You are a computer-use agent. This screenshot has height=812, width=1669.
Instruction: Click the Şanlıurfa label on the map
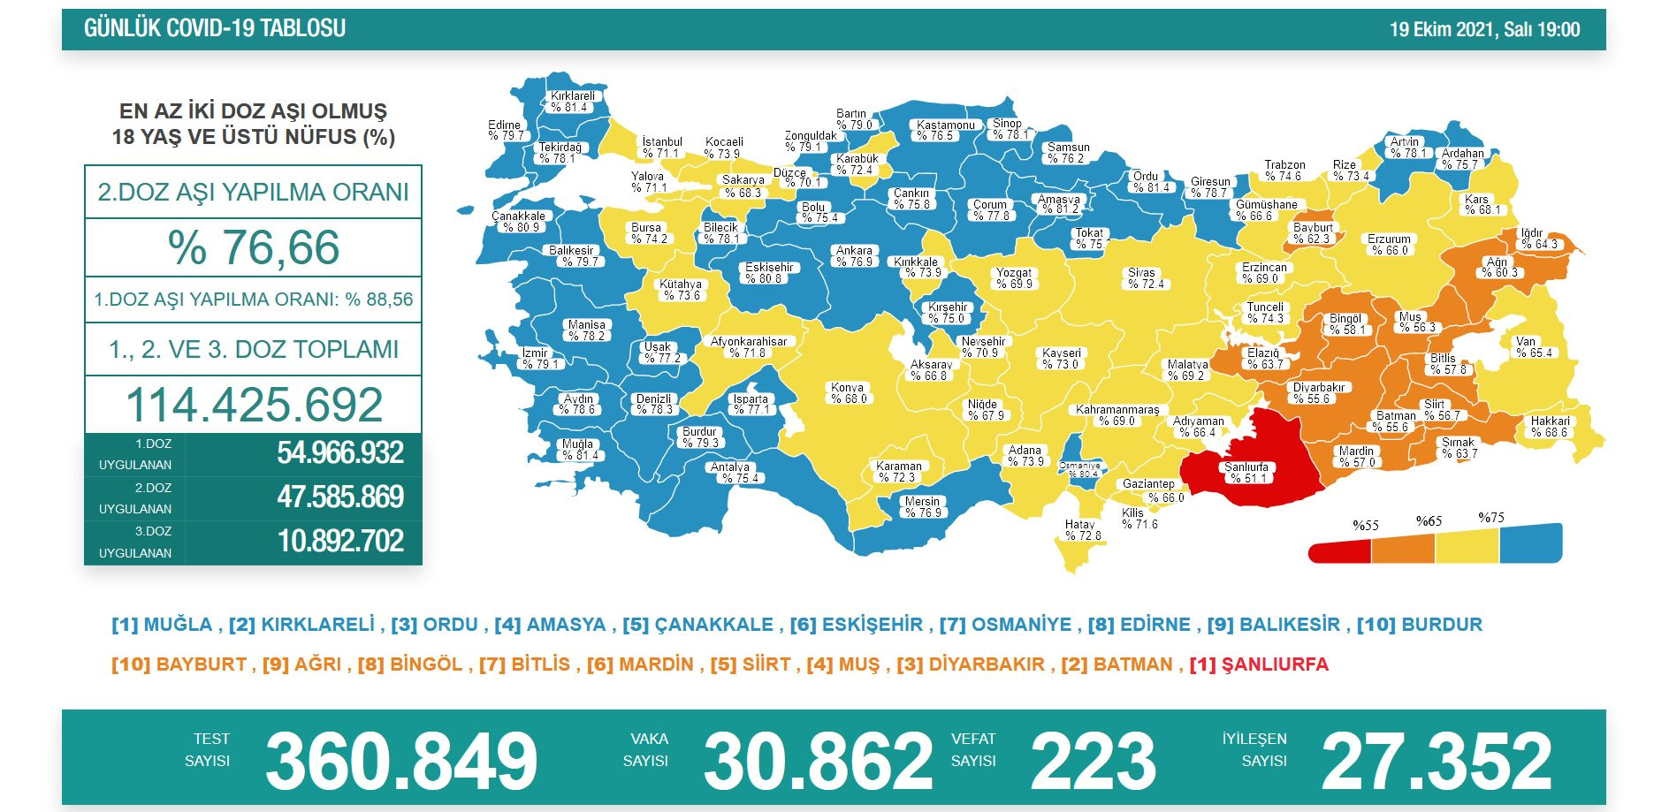tap(1246, 473)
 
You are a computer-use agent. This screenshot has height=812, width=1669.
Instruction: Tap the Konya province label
tap(848, 393)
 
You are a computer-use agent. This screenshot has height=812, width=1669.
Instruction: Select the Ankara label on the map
tap(855, 256)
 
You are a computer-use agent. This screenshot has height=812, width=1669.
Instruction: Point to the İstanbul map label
tap(662, 148)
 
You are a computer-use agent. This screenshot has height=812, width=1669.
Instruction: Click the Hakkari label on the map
tap(1551, 427)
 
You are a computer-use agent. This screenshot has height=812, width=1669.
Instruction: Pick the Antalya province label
tap(731, 473)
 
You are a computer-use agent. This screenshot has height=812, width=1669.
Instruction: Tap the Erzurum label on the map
tap(1390, 245)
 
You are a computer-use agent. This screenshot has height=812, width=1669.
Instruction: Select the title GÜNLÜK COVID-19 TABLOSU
tap(215, 28)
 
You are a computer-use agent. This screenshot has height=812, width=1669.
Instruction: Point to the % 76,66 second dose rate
tap(254, 247)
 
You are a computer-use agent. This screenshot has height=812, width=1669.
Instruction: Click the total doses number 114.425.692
tap(254, 405)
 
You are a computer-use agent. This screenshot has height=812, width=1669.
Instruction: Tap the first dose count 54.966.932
tap(340, 453)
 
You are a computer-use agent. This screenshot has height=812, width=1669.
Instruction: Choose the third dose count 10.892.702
tap(340, 541)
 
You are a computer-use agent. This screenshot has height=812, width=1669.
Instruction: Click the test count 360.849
tap(401, 761)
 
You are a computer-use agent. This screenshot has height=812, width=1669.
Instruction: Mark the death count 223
tap(1093, 761)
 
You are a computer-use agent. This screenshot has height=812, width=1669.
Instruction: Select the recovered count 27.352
tap(1437, 761)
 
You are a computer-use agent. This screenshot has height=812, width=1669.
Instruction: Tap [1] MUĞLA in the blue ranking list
tap(163, 625)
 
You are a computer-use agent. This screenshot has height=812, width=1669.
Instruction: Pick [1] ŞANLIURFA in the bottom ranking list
tap(1259, 664)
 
